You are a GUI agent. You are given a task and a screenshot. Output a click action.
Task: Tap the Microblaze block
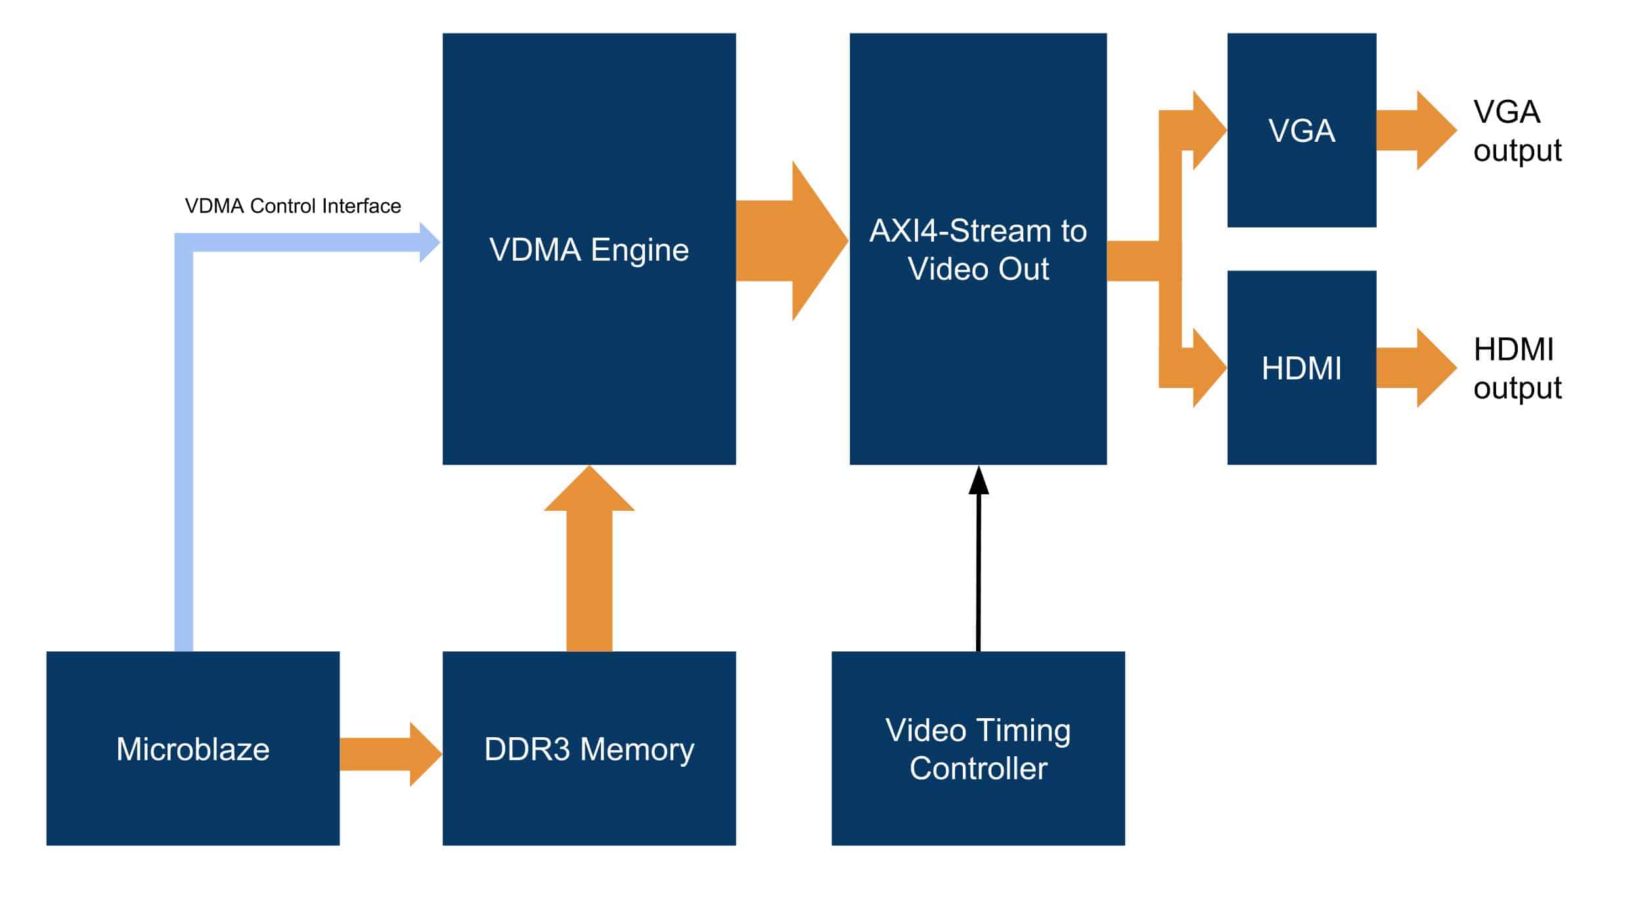tap(192, 748)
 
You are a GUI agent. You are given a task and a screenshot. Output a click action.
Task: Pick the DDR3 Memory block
tap(588, 748)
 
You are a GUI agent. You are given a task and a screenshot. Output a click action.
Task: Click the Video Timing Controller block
tap(977, 748)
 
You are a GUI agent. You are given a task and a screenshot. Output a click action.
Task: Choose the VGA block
tap(1301, 130)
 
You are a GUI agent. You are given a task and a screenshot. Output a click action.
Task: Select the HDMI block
tap(1301, 368)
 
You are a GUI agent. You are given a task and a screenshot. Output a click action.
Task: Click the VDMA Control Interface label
tap(293, 206)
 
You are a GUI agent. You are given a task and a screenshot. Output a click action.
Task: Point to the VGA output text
tap(1517, 131)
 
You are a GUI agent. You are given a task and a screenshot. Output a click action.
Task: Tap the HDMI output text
tap(1517, 368)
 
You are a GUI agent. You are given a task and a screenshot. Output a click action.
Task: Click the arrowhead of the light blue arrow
tap(430, 242)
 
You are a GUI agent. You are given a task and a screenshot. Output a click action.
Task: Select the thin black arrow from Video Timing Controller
tap(978, 565)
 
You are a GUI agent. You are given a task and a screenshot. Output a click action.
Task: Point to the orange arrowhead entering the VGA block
tap(1207, 130)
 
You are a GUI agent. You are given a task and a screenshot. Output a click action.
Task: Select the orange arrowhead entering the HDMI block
tap(1207, 368)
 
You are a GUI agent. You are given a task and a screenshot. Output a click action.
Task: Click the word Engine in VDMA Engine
tap(640, 250)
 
